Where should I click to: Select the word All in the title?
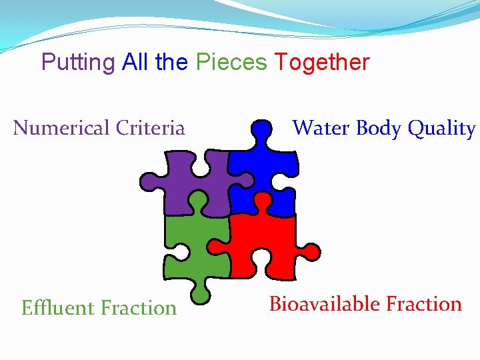(137, 63)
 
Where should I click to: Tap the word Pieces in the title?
(231, 63)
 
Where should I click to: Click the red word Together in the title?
(322, 63)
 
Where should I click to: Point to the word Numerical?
(62, 127)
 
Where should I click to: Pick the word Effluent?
(58, 308)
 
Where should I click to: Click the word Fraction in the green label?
(139, 308)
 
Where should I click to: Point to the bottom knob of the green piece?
(199, 291)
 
